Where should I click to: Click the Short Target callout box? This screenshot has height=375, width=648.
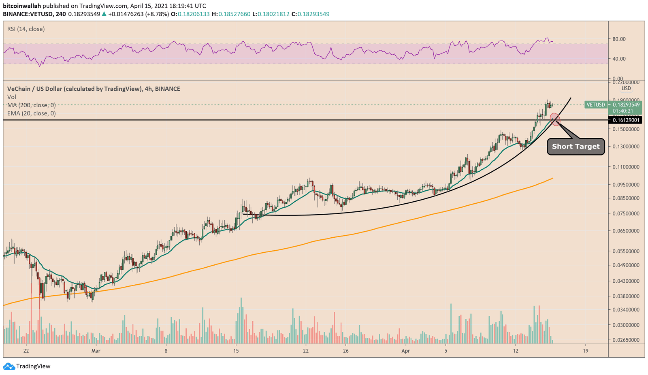click(576, 147)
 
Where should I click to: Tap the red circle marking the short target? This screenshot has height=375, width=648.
click(555, 119)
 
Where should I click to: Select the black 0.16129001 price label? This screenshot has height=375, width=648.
click(626, 120)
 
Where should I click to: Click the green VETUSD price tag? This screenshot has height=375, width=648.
click(595, 105)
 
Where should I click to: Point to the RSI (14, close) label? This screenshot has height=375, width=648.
click(26, 29)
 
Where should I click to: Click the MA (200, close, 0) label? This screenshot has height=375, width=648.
click(31, 105)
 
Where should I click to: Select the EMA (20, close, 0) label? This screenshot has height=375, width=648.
click(31, 113)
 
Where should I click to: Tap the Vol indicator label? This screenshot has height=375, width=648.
click(12, 97)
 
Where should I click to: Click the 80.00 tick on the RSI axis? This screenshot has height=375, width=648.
click(619, 39)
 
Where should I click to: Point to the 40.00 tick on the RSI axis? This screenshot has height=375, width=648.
click(619, 59)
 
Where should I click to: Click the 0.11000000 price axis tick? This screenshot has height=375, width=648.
click(626, 167)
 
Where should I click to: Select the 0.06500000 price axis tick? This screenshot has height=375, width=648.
click(626, 231)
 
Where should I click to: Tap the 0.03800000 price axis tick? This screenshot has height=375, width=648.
click(626, 296)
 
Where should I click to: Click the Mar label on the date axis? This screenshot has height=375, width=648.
click(96, 351)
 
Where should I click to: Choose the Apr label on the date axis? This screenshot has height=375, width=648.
click(406, 351)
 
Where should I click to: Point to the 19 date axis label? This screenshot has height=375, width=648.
click(586, 351)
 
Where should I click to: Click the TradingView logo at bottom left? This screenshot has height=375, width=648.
click(27, 366)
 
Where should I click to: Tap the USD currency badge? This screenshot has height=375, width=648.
click(626, 88)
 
